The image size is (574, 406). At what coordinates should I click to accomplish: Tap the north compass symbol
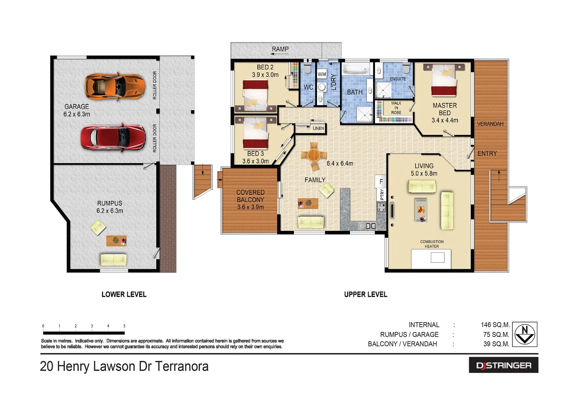pos(524,334)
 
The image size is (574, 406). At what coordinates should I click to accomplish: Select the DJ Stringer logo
pos(503,365)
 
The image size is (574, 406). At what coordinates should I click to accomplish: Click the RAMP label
pos(280,49)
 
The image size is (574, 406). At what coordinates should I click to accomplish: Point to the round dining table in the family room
pos(314,155)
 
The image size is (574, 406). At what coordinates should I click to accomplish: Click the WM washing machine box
pos(322,74)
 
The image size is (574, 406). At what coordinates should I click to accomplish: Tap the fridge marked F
pos(381,182)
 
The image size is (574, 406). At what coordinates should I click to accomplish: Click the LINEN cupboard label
pos(318,128)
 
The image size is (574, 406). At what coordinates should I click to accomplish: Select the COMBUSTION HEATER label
pos(432,244)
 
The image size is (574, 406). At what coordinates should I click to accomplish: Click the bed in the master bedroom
pos(445,80)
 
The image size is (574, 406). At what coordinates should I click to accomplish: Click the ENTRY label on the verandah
pos(487,153)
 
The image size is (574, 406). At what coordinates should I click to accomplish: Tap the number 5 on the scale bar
pos(124,326)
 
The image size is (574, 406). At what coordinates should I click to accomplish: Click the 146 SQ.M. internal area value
pos(495,325)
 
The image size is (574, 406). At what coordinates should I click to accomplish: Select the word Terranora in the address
pos(182,366)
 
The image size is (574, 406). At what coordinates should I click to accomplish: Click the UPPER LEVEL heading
pos(366,294)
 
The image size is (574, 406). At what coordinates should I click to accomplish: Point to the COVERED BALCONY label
pos(250,196)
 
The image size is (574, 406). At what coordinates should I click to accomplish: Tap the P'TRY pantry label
pos(382,194)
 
